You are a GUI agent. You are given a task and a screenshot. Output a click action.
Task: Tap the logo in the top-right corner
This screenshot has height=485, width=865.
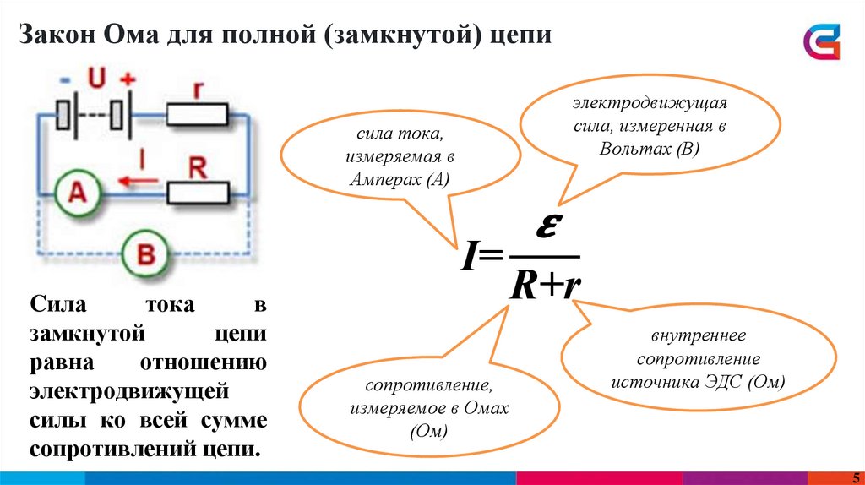coord(822,41)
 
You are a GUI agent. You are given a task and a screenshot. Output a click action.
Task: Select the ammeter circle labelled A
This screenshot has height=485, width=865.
coord(77,193)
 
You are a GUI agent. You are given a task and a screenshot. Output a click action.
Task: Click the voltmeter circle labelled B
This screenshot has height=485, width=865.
coord(145,253)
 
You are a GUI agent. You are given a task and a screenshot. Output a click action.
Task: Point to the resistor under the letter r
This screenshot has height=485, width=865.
coord(198,115)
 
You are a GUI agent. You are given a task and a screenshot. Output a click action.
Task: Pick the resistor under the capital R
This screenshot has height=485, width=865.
coord(199,193)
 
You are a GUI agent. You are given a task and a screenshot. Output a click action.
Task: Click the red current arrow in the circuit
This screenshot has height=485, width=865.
coord(139,179)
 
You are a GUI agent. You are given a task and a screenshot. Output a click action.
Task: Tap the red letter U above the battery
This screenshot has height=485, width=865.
coord(96,78)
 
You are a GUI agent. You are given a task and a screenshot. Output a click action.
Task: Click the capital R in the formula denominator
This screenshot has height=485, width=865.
coord(523,286)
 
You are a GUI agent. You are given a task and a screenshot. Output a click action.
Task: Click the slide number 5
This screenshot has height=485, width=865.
coord(854,477)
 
